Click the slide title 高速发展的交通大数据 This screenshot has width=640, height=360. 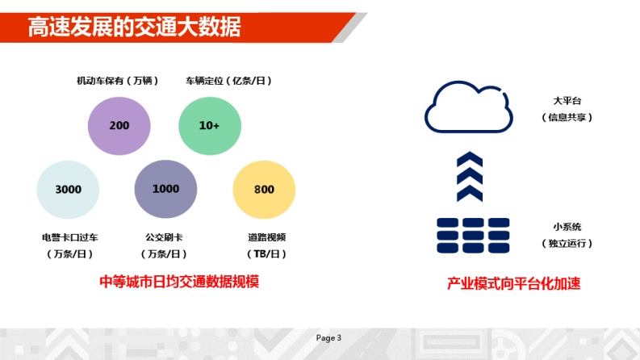coord(134,27)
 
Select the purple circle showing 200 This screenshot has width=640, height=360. coord(119,126)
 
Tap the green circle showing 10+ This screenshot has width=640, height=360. coord(210,126)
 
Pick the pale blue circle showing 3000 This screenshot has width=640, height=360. coord(68,190)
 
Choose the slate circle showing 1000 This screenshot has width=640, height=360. coord(165,189)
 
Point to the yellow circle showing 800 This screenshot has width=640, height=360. coord(264,190)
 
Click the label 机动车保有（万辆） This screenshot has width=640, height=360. coord(118,81)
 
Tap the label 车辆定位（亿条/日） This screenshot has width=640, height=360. coord(228,81)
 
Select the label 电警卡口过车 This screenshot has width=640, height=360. coord(69,237)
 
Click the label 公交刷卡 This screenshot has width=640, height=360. coord(164,237)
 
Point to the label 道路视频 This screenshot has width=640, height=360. coord(266,237)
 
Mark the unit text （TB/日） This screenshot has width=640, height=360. coord(266,254)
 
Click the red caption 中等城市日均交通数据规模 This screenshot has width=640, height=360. coord(179,282)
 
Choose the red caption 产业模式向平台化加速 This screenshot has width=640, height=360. coord(513,283)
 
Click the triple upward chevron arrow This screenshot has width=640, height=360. coord(470,176)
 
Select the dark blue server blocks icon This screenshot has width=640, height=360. coord(473,236)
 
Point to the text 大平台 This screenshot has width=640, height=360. coord(567,101)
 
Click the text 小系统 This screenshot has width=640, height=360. coord(567,227)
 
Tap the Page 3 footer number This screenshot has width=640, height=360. coord(328,338)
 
